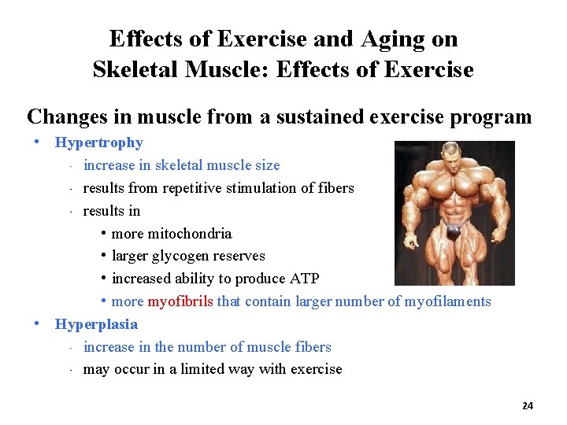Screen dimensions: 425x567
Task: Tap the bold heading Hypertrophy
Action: (98, 142)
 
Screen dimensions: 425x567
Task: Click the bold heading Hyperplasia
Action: (96, 324)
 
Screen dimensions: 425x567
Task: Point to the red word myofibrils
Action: (180, 301)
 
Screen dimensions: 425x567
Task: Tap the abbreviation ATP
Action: (303, 279)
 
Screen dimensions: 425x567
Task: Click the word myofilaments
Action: (447, 301)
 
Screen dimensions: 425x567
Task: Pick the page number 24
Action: (528, 406)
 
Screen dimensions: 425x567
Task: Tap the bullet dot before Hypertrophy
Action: (37, 142)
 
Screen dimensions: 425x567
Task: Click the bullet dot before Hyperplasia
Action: (37, 323)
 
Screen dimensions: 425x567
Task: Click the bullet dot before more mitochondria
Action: (104, 234)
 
